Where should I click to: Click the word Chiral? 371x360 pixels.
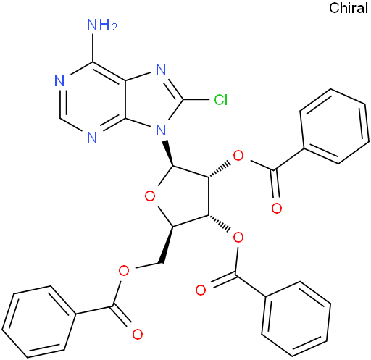tap(349, 8)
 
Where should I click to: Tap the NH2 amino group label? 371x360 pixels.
tap(102, 25)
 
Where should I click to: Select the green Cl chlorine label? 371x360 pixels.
tap(221, 99)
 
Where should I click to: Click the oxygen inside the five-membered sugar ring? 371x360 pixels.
tap(150, 196)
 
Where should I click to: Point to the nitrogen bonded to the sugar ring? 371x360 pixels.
tap(161, 130)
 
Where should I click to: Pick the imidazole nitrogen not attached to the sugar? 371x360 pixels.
tap(161, 70)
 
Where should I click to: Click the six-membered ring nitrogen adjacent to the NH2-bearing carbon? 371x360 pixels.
tap(59, 81)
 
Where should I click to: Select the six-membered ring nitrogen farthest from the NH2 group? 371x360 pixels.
tap(92, 138)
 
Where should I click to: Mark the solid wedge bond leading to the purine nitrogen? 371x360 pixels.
tap(169, 153)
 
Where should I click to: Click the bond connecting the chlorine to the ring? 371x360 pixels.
tap(196, 99)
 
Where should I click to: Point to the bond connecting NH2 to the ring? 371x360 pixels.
tap(92, 47)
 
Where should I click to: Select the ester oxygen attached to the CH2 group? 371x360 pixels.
tap(124, 271)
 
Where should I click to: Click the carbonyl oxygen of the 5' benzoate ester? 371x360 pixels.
tap(138, 334)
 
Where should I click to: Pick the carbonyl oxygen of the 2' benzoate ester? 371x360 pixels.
tap(277, 208)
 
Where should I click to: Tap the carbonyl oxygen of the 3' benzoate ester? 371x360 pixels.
tap(201, 290)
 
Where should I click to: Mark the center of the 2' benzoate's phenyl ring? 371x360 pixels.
tap(334, 127)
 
